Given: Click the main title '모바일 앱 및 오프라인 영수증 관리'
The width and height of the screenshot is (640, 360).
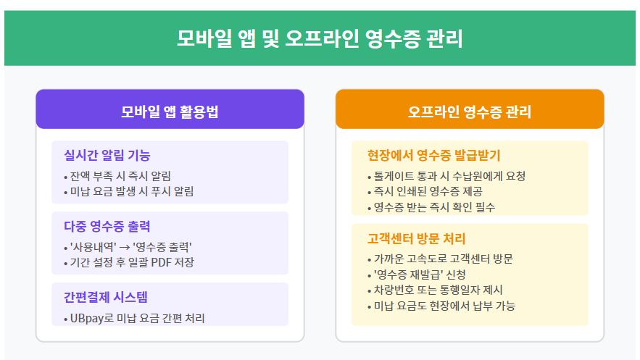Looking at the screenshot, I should pos(320,38).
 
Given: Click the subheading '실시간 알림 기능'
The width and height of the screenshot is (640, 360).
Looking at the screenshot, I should pos(107,156).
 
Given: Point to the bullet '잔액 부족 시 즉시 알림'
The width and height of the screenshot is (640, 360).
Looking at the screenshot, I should pos(120,175).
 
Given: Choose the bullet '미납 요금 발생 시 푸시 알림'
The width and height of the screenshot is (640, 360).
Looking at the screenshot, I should pos(131,191).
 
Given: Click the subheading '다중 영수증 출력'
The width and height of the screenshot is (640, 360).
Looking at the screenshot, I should pos(107,227).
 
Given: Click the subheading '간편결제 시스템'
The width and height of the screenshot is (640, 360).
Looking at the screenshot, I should pos(107,298).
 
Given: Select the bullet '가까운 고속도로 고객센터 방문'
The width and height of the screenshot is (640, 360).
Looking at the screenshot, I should pos(444,259).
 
